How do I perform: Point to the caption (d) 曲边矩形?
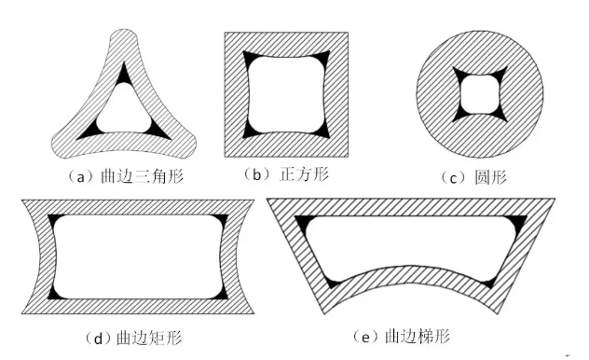pos(140,333)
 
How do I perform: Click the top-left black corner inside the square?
pos(250,58)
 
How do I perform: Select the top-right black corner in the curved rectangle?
pos(221,221)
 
